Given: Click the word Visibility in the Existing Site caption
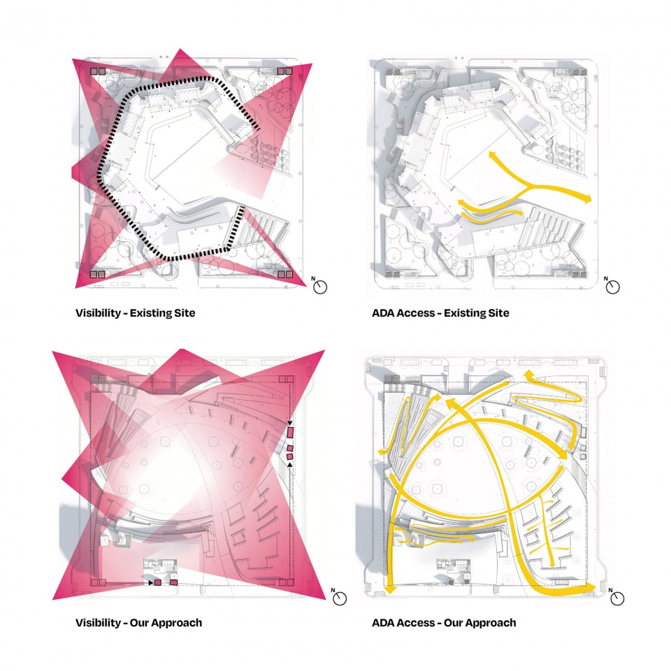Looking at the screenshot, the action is coord(98,313).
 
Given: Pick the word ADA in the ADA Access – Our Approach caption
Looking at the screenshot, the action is coord(383,623).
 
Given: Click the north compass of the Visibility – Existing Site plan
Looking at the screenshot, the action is coord(319,287).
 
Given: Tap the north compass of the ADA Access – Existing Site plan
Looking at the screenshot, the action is coord(612,287).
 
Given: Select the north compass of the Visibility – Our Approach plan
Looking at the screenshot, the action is coord(339,598).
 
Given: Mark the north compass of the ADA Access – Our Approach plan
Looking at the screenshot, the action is coord(616,598).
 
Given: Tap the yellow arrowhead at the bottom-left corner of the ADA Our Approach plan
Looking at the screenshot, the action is coord(389,589).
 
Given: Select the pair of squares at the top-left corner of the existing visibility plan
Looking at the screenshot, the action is coord(98,71).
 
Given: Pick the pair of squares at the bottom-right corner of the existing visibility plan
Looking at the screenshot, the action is coord(285,274).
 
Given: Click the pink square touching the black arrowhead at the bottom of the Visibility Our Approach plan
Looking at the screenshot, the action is coord(157,582).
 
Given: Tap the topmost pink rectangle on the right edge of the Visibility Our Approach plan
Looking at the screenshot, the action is coord(291,432).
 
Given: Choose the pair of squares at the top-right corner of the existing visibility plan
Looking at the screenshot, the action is coord(285,71).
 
